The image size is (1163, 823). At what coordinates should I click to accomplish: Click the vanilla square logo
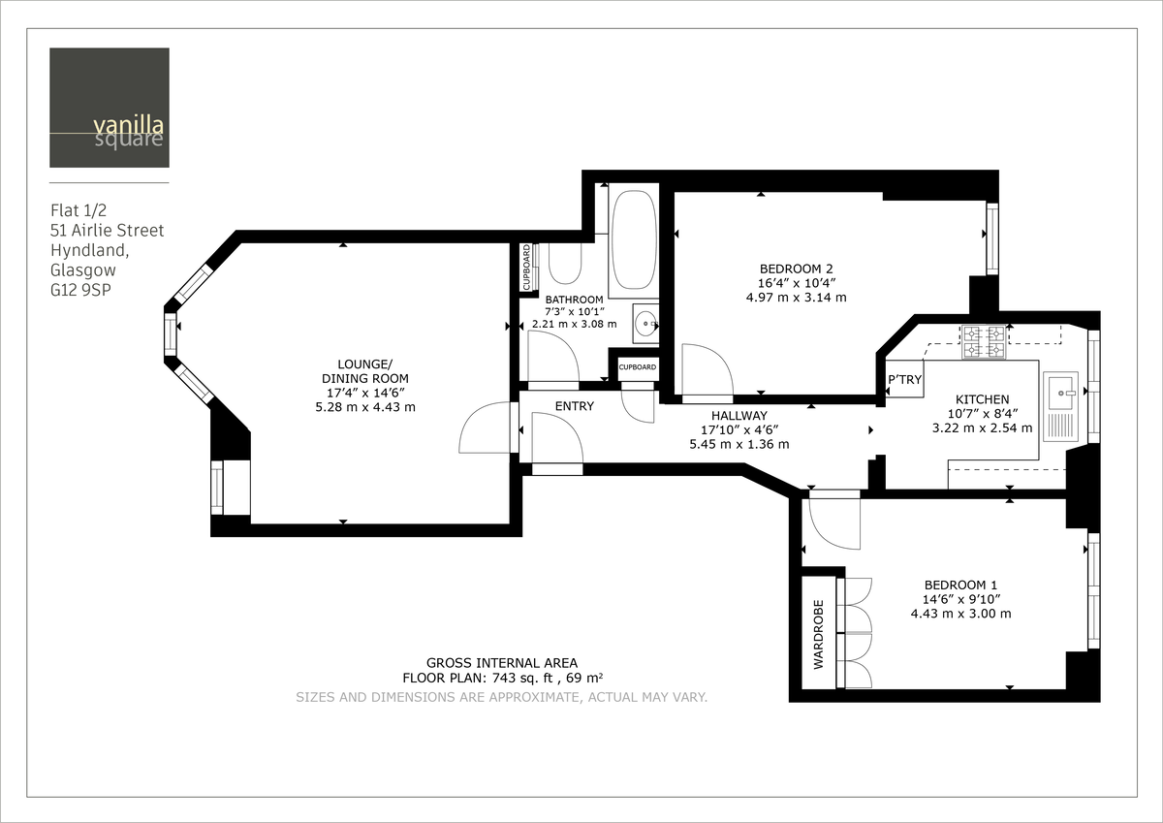110,108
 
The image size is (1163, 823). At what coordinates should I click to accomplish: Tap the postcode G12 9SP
81,289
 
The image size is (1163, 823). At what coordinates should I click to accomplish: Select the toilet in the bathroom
563,262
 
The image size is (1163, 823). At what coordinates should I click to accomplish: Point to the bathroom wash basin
644,323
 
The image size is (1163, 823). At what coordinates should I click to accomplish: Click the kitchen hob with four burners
983,340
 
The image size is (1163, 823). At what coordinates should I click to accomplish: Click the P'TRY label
905,380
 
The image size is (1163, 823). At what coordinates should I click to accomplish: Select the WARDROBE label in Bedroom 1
818,633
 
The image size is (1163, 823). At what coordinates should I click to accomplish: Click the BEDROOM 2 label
796,269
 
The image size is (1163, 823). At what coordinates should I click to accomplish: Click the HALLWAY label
739,415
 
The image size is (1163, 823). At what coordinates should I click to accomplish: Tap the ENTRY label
574,406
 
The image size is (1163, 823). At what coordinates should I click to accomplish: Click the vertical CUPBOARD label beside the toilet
527,268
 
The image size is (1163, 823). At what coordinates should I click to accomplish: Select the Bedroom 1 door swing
833,523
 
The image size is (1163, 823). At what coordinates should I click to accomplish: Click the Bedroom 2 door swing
706,371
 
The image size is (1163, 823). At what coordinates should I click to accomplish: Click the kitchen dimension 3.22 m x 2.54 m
982,427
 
